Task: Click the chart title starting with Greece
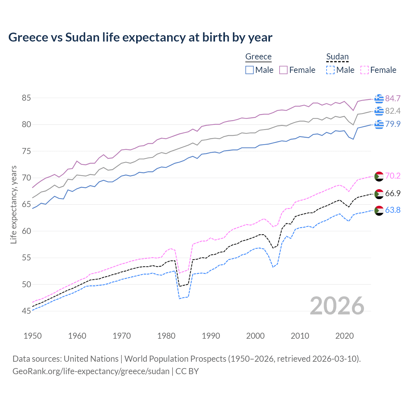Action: [x=140, y=37]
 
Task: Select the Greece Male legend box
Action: [x=250, y=70]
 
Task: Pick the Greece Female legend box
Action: [x=283, y=70]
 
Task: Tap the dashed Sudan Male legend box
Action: [x=330, y=70]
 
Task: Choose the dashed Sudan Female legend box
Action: [x=364, y=70]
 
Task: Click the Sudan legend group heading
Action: [x=337, y=57]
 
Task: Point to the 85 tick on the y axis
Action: [x=26, y=98]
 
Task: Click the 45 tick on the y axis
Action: [x=26, y=311]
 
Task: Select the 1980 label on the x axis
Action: [x=166, y=336]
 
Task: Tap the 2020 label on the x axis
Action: [x=344, y=336]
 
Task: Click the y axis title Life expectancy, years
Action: [x=14, y=204]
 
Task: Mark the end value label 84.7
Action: [x=393, y=99]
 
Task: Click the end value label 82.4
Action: [x=393, y=111]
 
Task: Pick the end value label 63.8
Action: [x=393, y=210]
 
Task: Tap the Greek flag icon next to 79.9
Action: [x=379, y=124]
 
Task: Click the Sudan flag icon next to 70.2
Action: [x=379, y=176]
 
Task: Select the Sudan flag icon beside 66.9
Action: [x=379, y=194]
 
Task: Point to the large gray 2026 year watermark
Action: [x=337, y=306]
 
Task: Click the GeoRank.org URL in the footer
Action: [x=91, y=371]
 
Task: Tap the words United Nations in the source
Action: [x=91, y=359]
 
